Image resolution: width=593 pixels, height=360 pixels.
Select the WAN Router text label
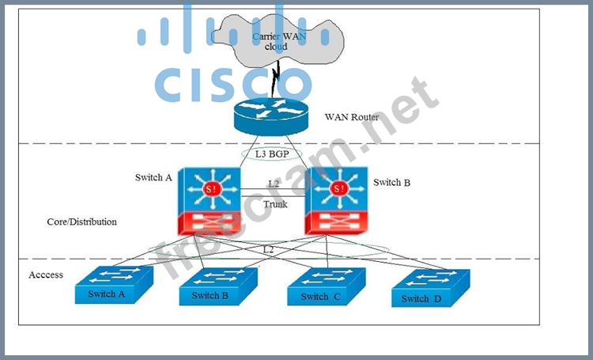(352, 117)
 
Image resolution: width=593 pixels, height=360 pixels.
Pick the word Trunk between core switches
(275, 204)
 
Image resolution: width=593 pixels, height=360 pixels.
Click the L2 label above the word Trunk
(274, 184)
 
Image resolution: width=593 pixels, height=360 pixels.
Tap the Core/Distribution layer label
(81, 222)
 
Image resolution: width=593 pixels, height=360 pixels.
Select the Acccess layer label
(46, 275)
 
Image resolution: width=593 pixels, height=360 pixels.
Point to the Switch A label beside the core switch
(153, 177)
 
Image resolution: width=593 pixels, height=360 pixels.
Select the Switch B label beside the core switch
(391, 183)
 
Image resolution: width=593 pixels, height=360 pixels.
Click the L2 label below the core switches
(269, 249)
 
